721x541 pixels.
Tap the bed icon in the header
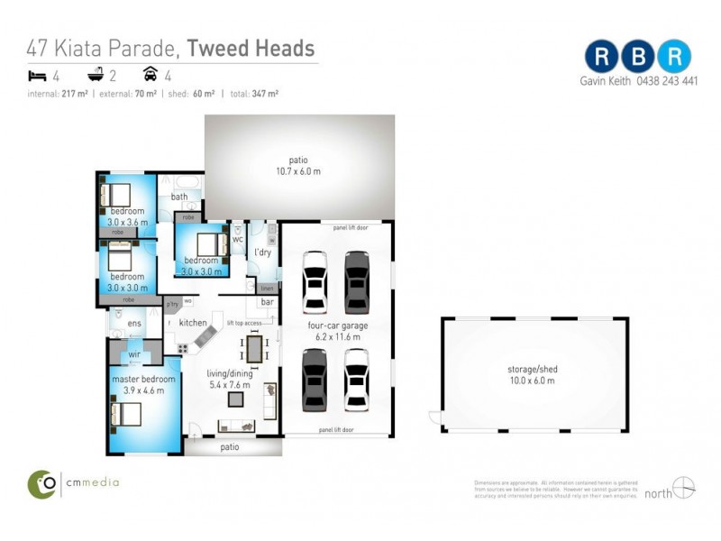tap(37, 76)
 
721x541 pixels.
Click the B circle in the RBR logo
tap(638, 56)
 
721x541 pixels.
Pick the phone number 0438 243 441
tap(665, 80)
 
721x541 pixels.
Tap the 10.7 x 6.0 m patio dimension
tap(298, 171)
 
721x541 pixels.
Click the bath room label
tap(179, 197)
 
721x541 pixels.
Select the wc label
tap(238, 240)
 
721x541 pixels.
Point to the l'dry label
tap(263, 252)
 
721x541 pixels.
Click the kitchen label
tap(193, 323)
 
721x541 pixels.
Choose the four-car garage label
tap(336, 326)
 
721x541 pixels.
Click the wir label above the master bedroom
tap(134, 355)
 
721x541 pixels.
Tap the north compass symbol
tap(684, 488)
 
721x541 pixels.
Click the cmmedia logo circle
tap(41, 483)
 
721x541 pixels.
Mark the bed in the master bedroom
tap(126, 414)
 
